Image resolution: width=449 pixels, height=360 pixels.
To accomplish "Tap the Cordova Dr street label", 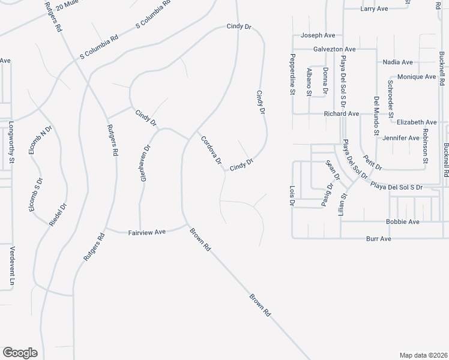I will click(x=211, y=151).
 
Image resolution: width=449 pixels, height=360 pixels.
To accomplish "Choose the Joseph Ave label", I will click(x=318, y=35).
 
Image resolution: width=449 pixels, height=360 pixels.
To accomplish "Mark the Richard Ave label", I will click(x=341, y=113).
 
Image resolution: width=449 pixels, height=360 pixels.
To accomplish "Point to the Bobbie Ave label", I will click(x=403, y=221).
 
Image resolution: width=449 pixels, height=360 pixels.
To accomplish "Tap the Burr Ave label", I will click(x=378, y=239).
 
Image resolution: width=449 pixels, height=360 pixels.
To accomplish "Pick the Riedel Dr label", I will click(x=57, y=215).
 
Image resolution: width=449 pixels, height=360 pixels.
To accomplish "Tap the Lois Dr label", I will click(x=292, y=196).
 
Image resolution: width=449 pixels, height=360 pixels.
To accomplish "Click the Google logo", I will click(x=20, y=353).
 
